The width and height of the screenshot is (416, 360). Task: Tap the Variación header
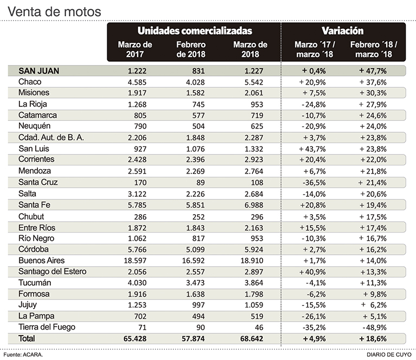click(x=342, y=31)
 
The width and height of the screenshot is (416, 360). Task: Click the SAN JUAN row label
click(x=38, y=70)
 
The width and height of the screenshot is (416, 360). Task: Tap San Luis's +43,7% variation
click(x=316, y=149)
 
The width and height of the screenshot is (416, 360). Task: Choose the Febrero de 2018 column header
click(x=192, y=49)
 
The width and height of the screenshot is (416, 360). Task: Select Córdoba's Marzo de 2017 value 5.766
click(x=134, y=249)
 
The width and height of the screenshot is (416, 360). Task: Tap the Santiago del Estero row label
click(x=53, y=271)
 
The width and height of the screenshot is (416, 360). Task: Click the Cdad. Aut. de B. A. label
click(x=51, y=137)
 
